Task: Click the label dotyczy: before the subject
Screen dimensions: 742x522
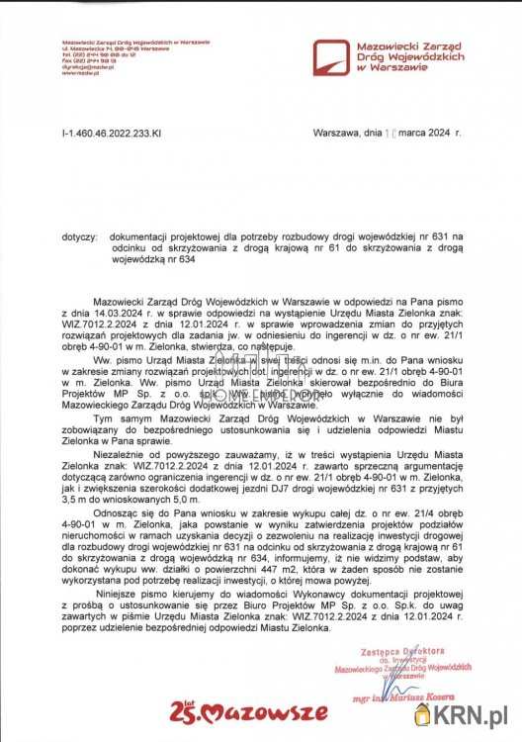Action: coord(79,237)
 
